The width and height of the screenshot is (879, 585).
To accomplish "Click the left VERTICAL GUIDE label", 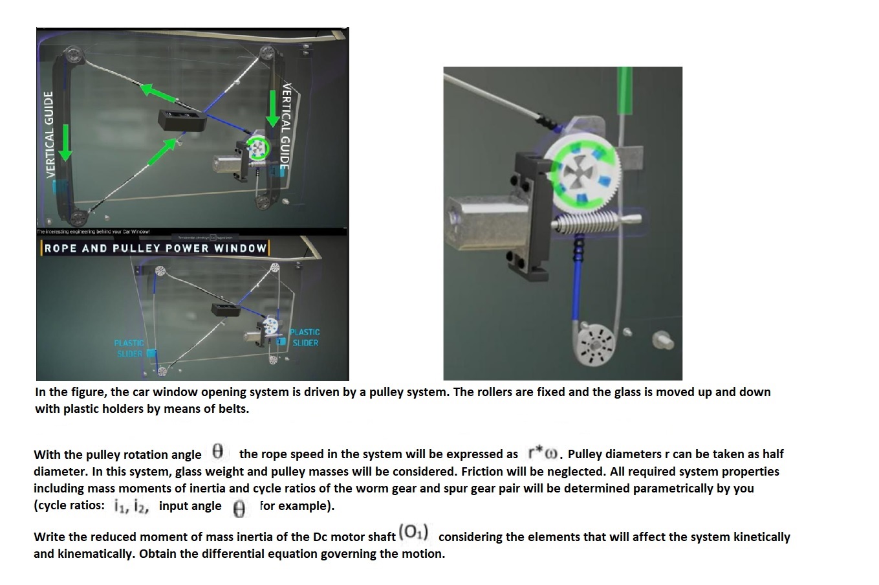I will coord(48,134).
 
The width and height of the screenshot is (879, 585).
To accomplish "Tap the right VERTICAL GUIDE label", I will coord(285,126).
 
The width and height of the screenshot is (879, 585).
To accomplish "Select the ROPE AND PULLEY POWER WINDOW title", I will coord(155,248).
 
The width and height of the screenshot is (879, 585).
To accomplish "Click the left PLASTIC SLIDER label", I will coord(129,348).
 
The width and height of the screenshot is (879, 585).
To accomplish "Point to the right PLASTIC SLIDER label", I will coord(305,337).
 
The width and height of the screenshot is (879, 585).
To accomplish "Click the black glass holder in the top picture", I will coord(182,120).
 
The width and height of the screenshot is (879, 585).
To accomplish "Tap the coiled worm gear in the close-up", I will coord(586,223).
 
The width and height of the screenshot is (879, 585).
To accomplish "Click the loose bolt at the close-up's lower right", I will coord(662,339).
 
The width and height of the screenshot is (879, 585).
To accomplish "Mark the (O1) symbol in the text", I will coord(414,532).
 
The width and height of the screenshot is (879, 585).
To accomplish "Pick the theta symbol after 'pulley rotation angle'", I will coord(218,450).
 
